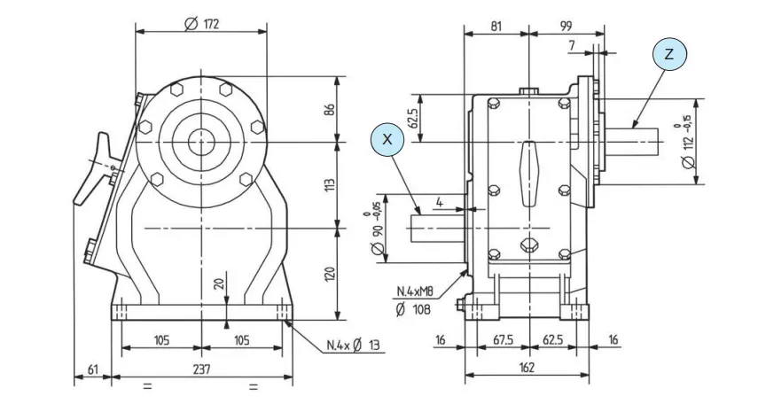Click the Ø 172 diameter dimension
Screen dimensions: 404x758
201,23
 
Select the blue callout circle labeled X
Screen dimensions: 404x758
387,140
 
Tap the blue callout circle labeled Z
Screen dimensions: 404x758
669,54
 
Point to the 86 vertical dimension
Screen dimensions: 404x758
329,110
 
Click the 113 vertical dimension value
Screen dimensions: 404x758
329,185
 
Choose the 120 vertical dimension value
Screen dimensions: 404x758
329,274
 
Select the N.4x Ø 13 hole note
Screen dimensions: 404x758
355,345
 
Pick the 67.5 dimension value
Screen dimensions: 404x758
504,339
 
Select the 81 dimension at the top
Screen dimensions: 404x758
496,27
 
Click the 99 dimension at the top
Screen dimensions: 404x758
565,27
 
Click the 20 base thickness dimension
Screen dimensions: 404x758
219,285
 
